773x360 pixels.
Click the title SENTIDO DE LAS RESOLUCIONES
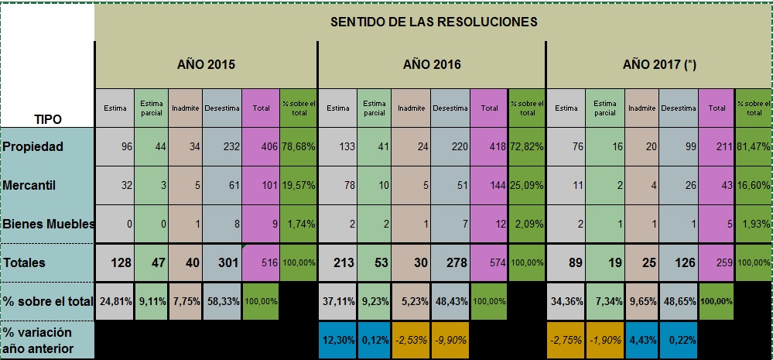point(433,21)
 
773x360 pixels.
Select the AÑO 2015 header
point(205,64)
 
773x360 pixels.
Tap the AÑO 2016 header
point(432,64)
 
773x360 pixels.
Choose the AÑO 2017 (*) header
point(659,64)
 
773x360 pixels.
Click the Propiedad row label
point(34,147)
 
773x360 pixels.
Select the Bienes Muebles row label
point(48,225)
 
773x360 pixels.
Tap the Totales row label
point(24,262)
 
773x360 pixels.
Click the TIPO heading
point(47,119)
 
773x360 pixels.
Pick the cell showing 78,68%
point(299,147)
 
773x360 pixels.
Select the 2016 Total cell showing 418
point(488,147)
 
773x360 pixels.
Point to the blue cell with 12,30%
point(337,340)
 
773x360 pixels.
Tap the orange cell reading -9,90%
point(449,340)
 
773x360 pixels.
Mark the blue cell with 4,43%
point(642,340)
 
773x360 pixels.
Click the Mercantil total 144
point(488,186)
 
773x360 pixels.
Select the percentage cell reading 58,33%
point(222,300)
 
